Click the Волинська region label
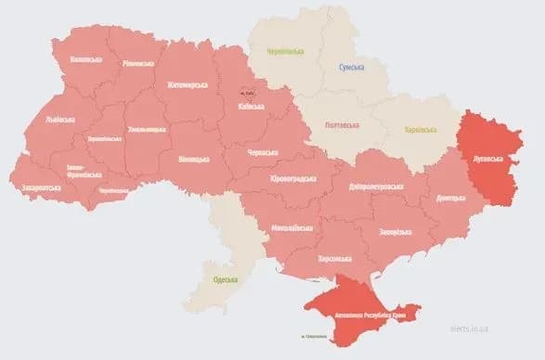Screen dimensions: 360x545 (86, 59)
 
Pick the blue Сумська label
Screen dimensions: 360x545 (350, 67)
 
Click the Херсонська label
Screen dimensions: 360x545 (335, 259)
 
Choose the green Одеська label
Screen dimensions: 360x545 (226, 279)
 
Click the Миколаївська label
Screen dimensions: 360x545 (292, 227)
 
